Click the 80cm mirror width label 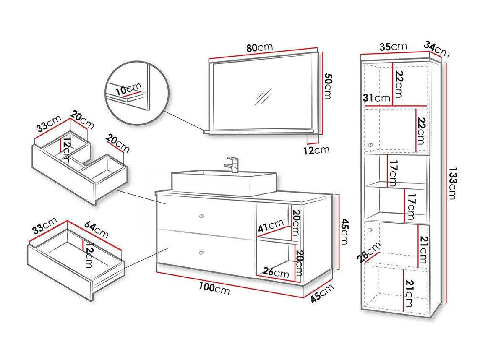click(259, 47)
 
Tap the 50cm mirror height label click(328, 86)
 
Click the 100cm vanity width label click(214, 288)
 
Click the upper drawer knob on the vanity click(202, 216)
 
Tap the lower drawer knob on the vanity click(202, 253)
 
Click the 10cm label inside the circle click(128, 89)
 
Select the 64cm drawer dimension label click(97, 229)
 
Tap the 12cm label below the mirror click(316, 149)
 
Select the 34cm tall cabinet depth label click(436, 49)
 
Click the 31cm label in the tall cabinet click(377, 98)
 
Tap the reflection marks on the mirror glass click(263, 97)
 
